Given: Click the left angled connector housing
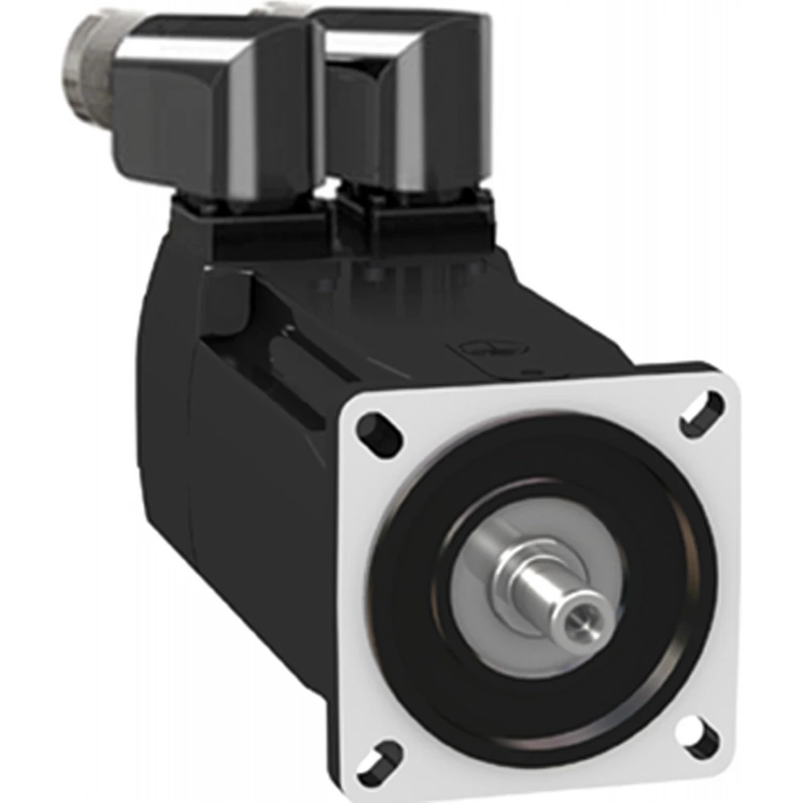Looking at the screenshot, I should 209,112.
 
